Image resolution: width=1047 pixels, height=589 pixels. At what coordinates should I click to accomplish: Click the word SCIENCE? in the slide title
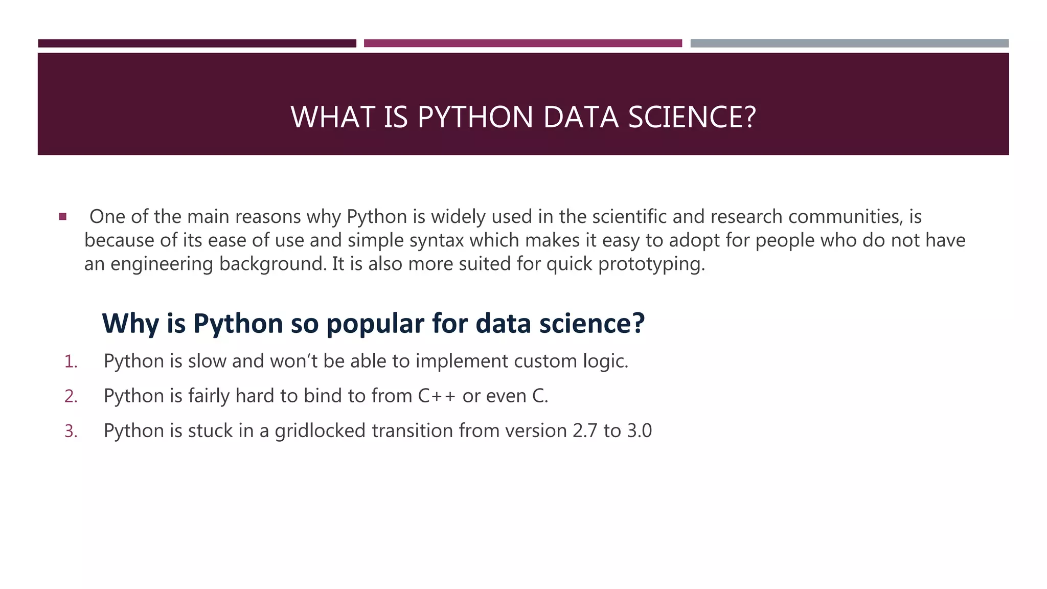[692, 117]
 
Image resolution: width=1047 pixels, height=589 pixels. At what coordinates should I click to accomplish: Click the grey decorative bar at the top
[849, 43]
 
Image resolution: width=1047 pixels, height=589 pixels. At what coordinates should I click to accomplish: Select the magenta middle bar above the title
[522, 43]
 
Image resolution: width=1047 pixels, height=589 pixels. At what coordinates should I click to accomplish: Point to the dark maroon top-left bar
[197, 43]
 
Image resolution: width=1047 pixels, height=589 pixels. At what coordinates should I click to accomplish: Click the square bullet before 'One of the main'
[63, 217]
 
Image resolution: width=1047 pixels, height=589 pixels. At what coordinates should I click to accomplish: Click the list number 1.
[71, 362]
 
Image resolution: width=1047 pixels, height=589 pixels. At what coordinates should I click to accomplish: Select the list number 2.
[71, 397]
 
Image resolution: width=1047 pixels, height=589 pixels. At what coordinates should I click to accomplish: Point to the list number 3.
[71, 432]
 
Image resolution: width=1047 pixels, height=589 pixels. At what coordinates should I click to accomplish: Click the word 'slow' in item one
[207, 361]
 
